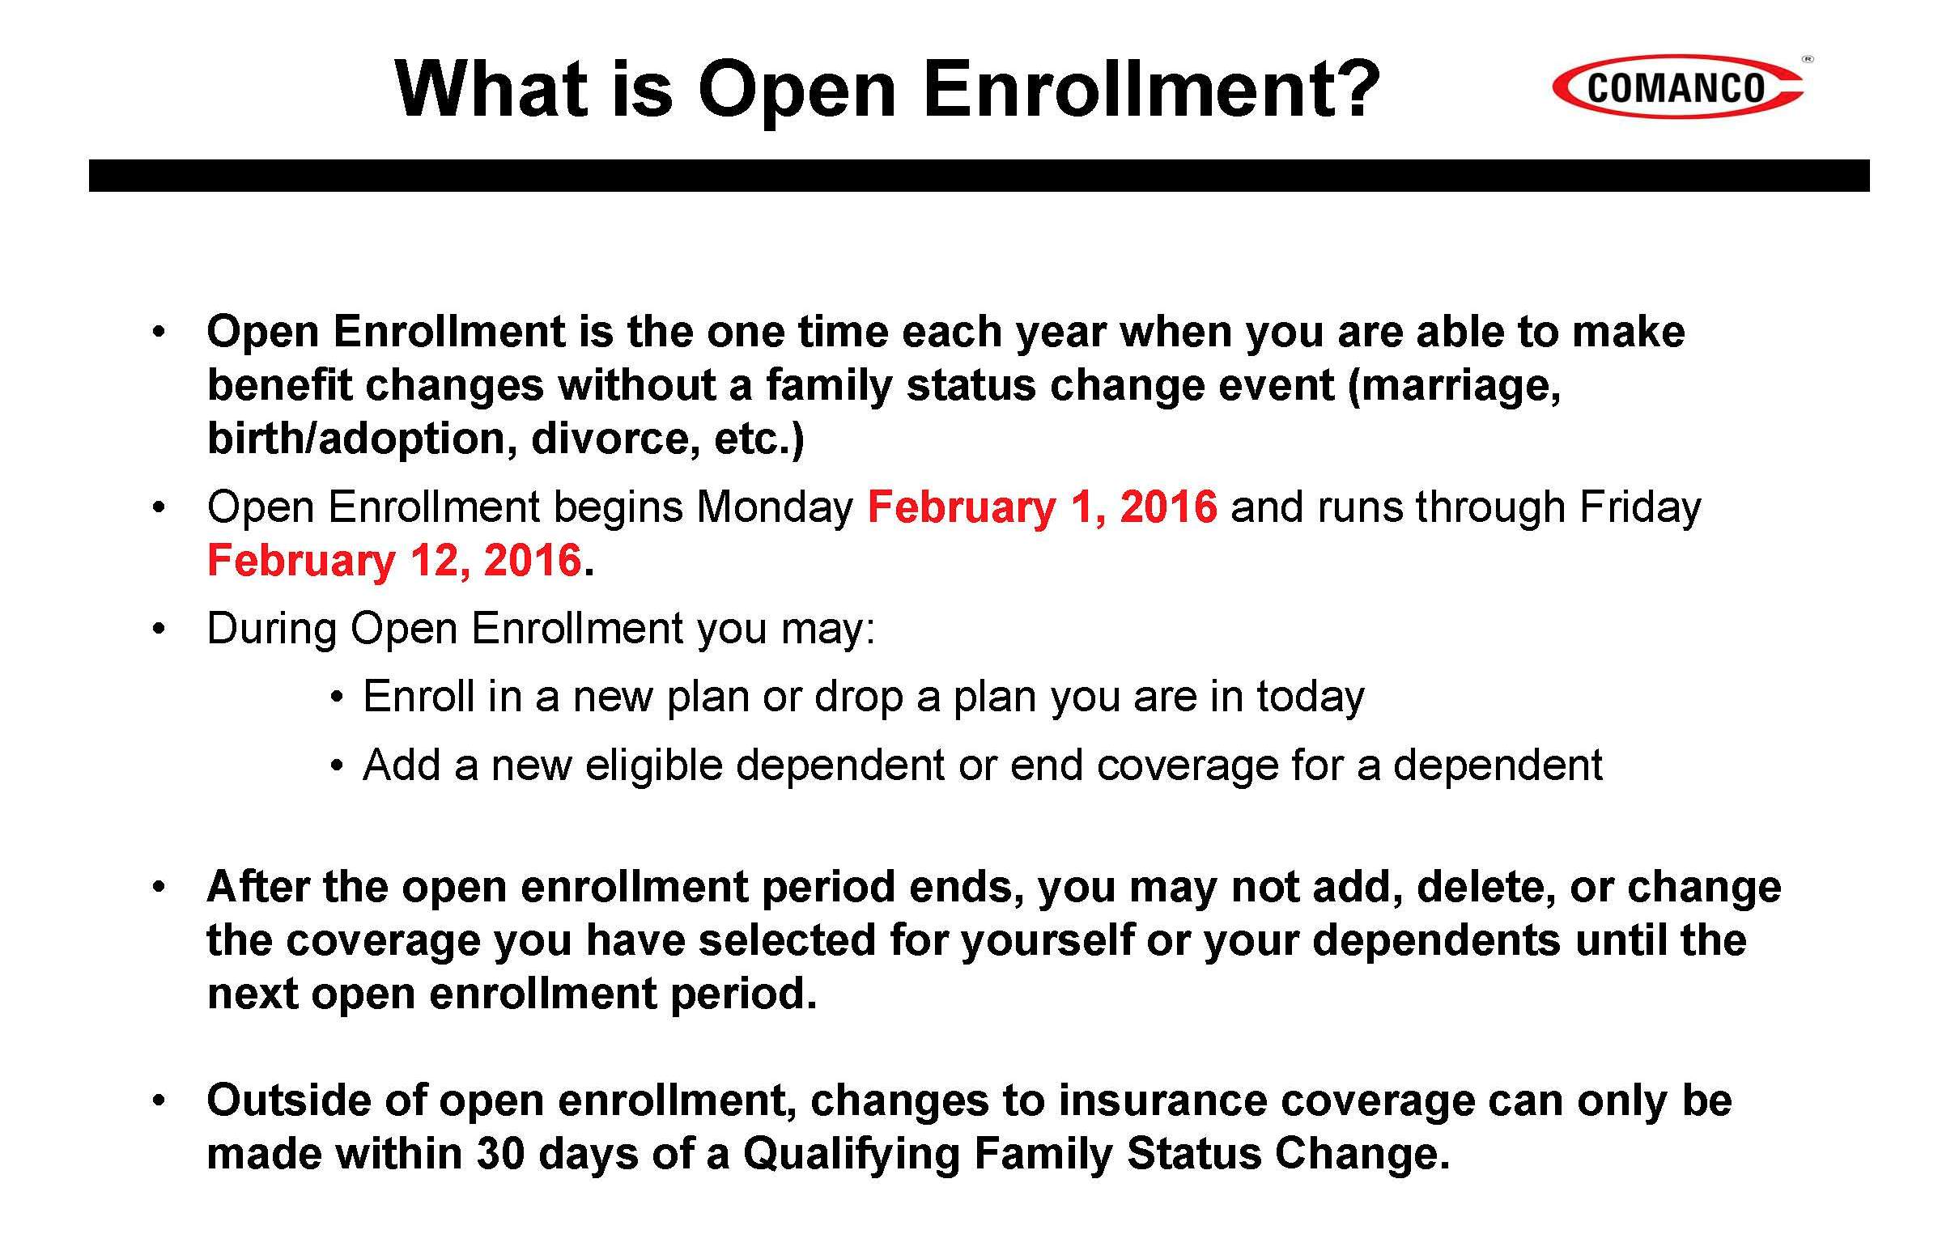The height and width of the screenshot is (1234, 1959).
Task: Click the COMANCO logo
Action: (x=1677, y=87)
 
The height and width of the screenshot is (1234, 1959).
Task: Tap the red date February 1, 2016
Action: (x=1042, y=507)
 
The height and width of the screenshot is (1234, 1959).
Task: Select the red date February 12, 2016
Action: (x=394, y=561)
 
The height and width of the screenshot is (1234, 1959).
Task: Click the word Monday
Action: (x=775, y=507)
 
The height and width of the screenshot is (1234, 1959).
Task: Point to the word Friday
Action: (x=1640, y=507)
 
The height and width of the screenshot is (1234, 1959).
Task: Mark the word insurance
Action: (x=1166, y=1100)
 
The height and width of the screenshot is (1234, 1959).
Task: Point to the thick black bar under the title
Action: (x=979, y=176)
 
